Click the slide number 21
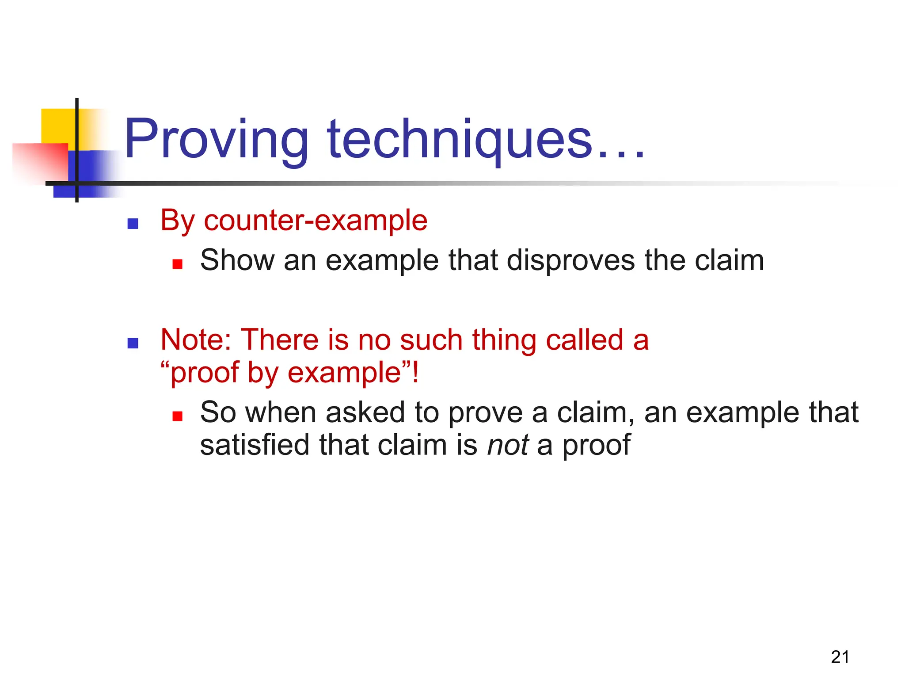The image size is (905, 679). click(x=840, y=657)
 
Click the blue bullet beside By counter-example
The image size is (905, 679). click(x=133, y=224)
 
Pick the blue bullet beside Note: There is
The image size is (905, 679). click(x=133, y=343)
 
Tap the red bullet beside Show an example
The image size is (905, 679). click(x=178, y=264)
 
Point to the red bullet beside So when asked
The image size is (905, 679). click(x=178, y=416)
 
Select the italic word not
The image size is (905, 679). click(x=508, y=445)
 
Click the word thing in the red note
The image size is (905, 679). click(x=504, y=341)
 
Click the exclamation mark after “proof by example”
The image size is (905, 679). click(x=415, y=373)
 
